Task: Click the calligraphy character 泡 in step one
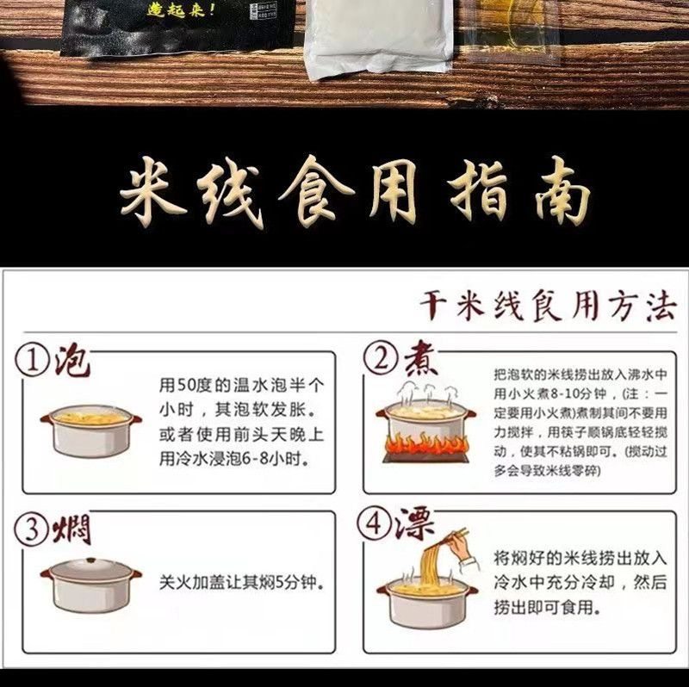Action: [x=71, y=361]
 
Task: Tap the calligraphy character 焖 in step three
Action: [x=71, y=529]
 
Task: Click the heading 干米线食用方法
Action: [x=548, y=306]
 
